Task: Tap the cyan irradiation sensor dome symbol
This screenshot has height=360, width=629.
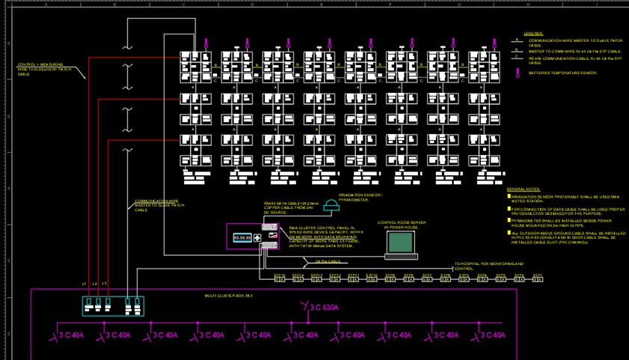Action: point(330,207)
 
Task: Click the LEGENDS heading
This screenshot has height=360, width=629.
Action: point(533,34)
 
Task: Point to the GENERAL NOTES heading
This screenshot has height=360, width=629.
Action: point(523,190)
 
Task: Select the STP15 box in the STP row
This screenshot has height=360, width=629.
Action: point(280,278)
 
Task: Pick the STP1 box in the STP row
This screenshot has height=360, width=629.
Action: point(537,278)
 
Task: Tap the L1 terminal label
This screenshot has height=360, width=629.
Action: point(85,284)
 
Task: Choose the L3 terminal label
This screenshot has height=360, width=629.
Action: point(104,284)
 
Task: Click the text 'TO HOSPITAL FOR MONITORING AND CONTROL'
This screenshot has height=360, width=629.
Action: point(489,266)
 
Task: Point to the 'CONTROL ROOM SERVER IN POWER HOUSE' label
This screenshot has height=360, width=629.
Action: point(402,225)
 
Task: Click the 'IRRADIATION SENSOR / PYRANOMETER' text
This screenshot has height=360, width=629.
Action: point(360,198)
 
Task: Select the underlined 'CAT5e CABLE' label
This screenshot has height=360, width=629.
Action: point(328,262)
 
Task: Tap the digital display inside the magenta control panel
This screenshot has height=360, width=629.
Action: point(242,238)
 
